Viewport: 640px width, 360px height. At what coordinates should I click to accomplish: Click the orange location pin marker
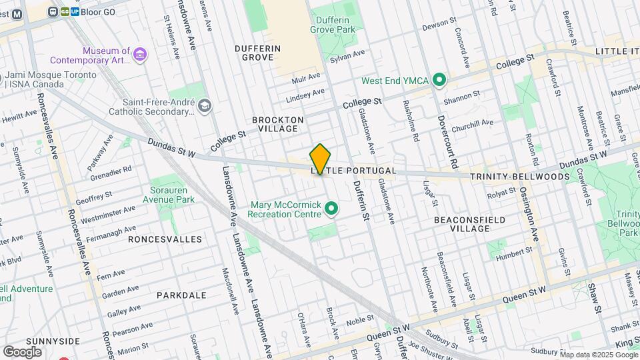pos(320,159)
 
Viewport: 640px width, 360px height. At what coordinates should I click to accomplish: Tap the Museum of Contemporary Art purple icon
pos(140,54)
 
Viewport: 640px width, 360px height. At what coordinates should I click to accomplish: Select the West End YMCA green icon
pos(439,81)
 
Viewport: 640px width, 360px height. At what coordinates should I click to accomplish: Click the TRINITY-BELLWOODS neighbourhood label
pos(519,177)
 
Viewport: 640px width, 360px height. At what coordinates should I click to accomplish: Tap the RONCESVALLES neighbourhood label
pos(165,239)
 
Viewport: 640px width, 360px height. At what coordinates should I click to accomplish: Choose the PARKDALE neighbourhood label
pos(181,295)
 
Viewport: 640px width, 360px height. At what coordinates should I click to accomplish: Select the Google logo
pos(23,351)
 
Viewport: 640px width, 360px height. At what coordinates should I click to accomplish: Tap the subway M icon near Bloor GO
pos(17,13)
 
